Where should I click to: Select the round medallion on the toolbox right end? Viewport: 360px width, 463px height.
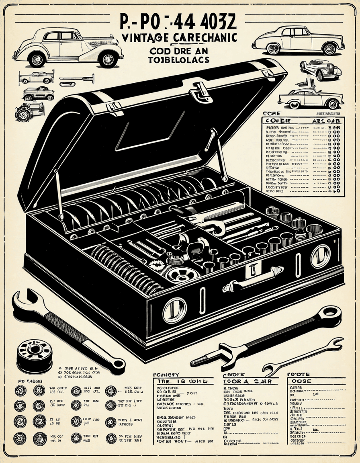coord(320,256)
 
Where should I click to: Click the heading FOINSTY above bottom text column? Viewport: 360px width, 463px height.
coord(166,374)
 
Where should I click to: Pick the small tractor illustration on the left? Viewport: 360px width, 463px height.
coord(29,111)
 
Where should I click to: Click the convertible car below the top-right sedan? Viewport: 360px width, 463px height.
coord(320,69)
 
